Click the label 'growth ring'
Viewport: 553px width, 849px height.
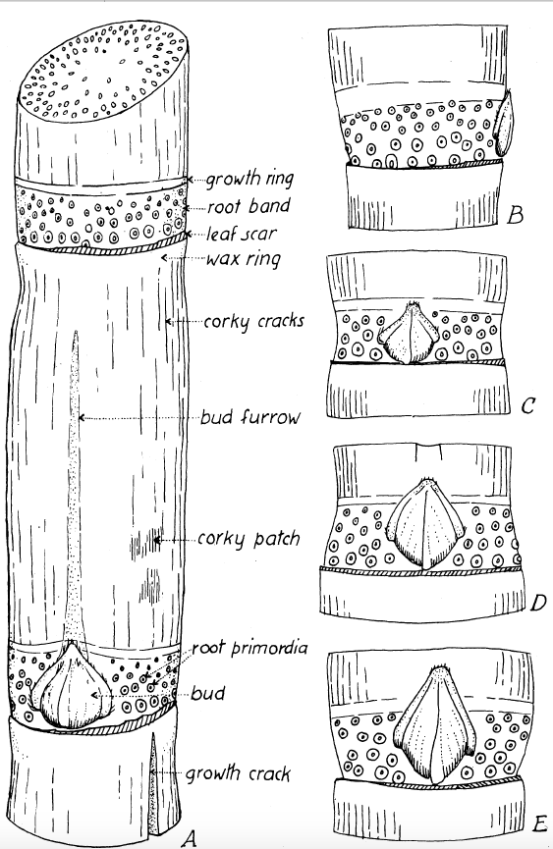point(249,179)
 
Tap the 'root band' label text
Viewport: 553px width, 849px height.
point(249,206)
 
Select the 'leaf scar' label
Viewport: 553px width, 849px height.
point(242,234)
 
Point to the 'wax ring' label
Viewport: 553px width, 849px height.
point(244,259)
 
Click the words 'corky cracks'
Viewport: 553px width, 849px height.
point(254,321)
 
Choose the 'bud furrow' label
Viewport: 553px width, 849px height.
point(249,417)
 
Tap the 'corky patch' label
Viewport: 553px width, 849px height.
point(249,539)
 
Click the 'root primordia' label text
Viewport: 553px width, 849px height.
point(249,648)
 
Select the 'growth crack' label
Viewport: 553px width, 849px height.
point(238,773)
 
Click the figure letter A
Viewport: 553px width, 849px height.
point(188,838)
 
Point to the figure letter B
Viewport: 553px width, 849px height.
point(515,216)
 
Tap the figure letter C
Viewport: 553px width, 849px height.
point(527,405)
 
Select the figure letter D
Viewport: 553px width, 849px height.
point(538,602)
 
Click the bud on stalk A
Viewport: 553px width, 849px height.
point(72,685)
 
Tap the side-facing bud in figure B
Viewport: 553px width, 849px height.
point(504,123)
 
